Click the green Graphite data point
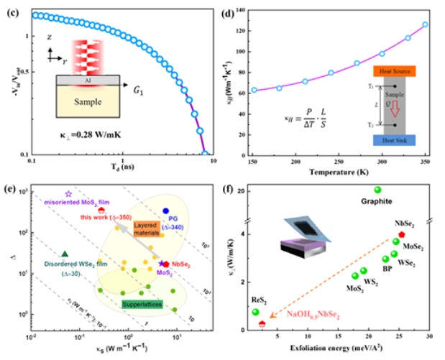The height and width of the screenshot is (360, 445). tap(377, 190)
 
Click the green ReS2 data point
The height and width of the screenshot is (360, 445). tap(255, 312)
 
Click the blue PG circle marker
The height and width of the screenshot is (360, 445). tap(165, 211)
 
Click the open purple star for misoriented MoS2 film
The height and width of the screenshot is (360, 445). tap(69, 194)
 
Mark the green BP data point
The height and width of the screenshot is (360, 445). tap(385, 259)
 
